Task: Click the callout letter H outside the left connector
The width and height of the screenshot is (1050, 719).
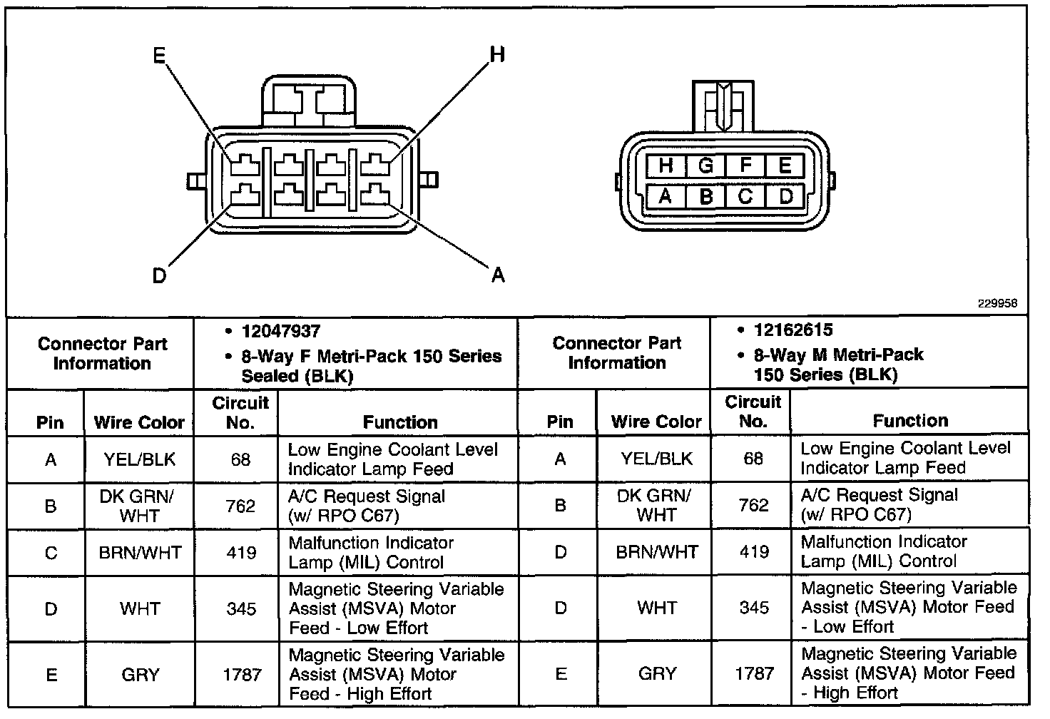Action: pyautogui.click(x=497, y=54)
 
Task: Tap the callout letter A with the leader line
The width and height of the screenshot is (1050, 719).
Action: pyautogui.click(x=498, y=274)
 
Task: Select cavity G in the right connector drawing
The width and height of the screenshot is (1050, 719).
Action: pyautogui.click(x=705, y=166)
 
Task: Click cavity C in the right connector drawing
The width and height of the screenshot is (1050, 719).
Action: pyautogui.click(x=745, y=195)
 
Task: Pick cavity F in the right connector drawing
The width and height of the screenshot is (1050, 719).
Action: pyautogui.click(x=745, y=166)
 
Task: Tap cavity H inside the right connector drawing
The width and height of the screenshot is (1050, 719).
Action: pyautogui.click(x=666, y=166)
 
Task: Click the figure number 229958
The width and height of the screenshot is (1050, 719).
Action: pyautogui.click(x=997, y=303)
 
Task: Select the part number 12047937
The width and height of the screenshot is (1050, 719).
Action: pyautogui.click(x=281, y=331)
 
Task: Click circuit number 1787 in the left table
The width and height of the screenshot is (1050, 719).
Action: pyautogui.click(x=241, y=675)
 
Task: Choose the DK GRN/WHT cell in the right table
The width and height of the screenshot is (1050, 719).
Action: pyautogui.click(x=656, y=505)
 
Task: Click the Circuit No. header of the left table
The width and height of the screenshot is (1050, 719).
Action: pyautogui.click(x=240, y=412)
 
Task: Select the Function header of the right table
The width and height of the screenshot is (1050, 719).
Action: pyautogui.click(x=910, y=421)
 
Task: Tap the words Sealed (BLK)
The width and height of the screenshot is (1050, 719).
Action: pyautogui.click(x=297, y=376)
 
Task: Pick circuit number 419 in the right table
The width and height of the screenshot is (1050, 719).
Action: pyautogui.click(x=754, y=551)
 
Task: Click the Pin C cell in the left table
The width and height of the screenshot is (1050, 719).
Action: pyautogui.click(x=51, y=553)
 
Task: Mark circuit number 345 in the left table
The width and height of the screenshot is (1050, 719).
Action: pyautogui.click(x=241, y=608)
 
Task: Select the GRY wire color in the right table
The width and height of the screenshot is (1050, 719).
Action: pyautogui.click(x=657, y=673)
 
